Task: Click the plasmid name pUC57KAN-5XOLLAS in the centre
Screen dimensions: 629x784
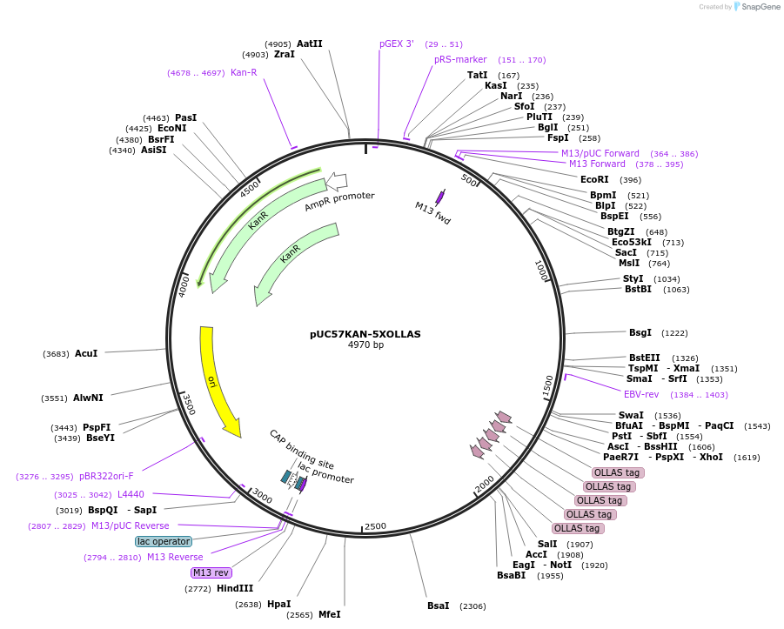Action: [365, 334]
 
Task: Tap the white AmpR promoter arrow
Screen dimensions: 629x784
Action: [336, 182]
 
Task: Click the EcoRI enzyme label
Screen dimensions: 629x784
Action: [594, 180]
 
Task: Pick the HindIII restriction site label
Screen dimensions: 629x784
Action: [235, 589]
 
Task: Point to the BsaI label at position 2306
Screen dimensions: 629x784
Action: [438, 606]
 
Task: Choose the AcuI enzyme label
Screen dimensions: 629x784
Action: [86, 353]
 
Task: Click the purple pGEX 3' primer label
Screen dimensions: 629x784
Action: [397, 43]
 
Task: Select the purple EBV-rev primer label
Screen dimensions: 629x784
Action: [641, 394]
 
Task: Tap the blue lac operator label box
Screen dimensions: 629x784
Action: [164, 541]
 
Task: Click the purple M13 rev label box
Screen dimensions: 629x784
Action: [211, 572]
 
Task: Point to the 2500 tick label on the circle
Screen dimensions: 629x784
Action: [375, 526]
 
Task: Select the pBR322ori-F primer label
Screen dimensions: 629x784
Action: [106, 476]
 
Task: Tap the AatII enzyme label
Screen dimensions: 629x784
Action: [310, 43]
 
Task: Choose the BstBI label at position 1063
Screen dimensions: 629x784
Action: [638, 290]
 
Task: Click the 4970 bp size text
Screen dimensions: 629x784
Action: [365, 345]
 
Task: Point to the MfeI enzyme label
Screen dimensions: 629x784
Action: [329, 614]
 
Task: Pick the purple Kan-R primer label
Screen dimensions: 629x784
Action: [244, 72]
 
